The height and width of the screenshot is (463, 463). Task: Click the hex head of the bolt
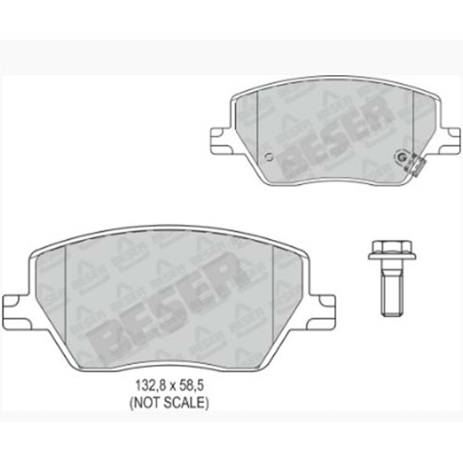click(392, 247)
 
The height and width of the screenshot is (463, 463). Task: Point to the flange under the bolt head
click(392, 257)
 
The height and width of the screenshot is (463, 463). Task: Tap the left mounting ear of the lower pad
click(16, 305)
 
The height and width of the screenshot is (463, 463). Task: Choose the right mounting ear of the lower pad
click(321, 305)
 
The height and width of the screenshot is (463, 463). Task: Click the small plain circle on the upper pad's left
click(269, 157)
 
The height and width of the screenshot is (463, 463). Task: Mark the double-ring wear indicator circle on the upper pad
click(401, 157)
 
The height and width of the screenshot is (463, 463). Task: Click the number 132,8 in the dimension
click(150, 385)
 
